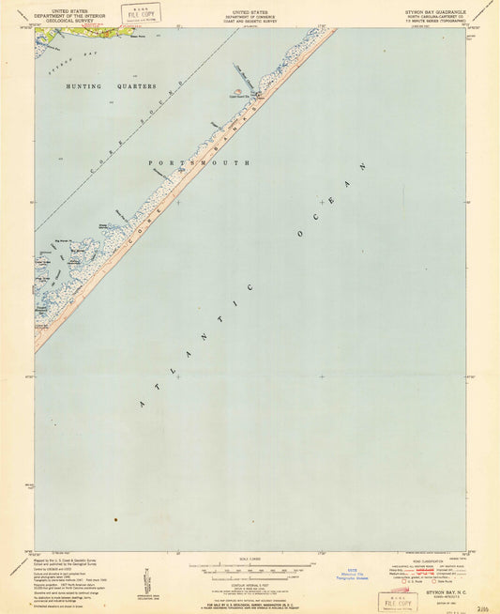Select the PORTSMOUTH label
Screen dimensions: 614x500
click(x=175, y=162)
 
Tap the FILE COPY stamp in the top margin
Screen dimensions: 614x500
click(x=140, y=12)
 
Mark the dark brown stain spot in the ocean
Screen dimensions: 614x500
click(x=115, y=519)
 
